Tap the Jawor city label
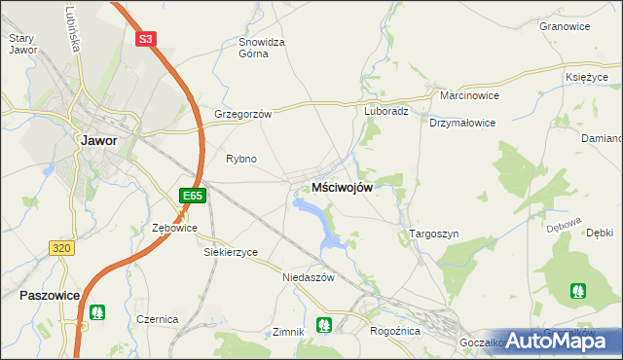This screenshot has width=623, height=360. [98, 140]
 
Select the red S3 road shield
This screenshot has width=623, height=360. [145, 39]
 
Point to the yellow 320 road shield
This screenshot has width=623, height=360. [62, 248]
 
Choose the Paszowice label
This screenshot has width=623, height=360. [48, 293]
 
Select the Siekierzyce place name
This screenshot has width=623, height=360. [231, 252]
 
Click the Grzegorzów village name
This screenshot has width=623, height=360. [242, 113]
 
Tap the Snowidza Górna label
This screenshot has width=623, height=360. [262, 49]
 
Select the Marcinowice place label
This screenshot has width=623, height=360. [469, 97]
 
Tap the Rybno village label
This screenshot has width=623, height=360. [240, 159]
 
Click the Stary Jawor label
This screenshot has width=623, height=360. [22, 44]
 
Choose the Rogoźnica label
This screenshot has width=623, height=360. [394, 330]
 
